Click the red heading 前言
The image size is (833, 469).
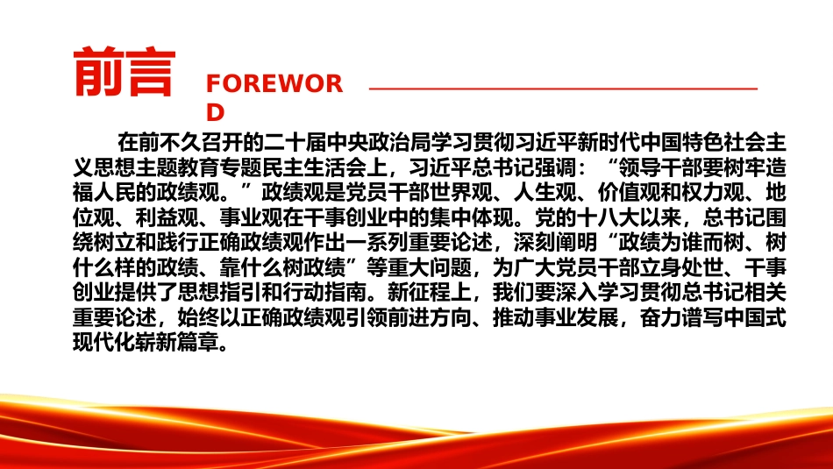click(x=125, y=72)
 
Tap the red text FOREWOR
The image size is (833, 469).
click(x=274, y=84)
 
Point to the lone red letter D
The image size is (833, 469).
click(x=215, y=112)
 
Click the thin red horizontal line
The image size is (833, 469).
click(x=563, y=89)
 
